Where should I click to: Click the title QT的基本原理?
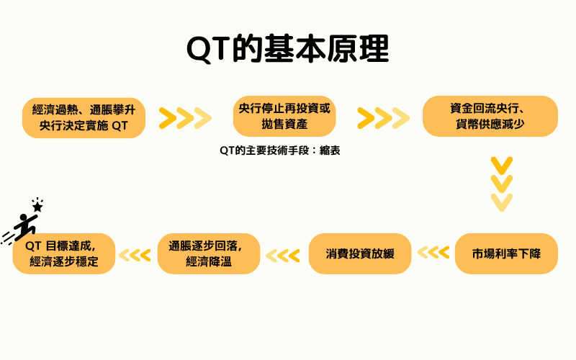click(x=288, y=49)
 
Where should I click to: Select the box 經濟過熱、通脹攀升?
click(x=84, y=117)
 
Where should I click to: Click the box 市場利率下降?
click(x=506, y=253)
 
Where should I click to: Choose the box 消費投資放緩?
click(x=360, y=253)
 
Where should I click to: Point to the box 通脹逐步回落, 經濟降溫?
click(x=209, y=253)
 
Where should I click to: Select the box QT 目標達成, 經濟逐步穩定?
click(x=64, y=253)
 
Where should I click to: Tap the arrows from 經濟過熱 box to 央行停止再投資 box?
click(x=185, y=117)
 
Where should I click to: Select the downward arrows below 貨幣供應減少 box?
click(x=501, y=183)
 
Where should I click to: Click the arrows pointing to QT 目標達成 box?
click(x=135, y=254)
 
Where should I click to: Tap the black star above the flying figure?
click(x=37, y=206)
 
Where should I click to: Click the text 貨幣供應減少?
click(x=490, y=125)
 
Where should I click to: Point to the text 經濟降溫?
click(x=209, y=262)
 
